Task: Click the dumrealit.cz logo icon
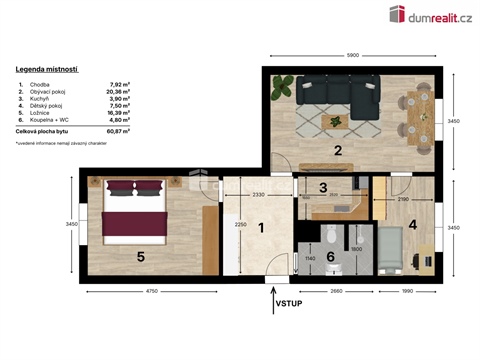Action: coord(397,14)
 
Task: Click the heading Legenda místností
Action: coord(48,70)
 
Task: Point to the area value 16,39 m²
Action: coord(121,113)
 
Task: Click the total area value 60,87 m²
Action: coord(121,131)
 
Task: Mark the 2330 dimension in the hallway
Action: coord(257,193)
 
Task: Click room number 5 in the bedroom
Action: coord(140,256)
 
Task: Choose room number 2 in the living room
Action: coord(338,151)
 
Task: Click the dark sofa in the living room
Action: coord(339,95)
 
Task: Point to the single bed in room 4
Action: coord(393,250)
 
